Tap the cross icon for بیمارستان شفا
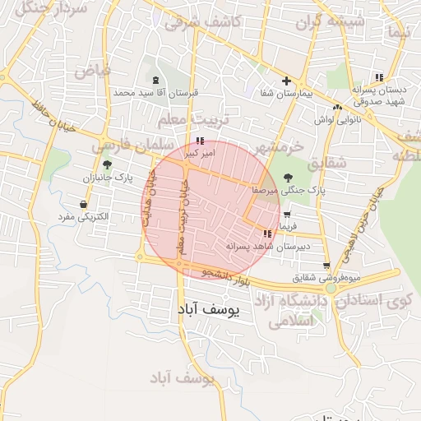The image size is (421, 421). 286,81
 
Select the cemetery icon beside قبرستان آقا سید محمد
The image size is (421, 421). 156,80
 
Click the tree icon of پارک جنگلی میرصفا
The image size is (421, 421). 288,176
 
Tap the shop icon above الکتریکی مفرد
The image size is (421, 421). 83,204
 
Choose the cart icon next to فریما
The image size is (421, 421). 287,215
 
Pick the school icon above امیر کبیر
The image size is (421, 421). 201,141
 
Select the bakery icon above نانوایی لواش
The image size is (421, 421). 337,107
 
